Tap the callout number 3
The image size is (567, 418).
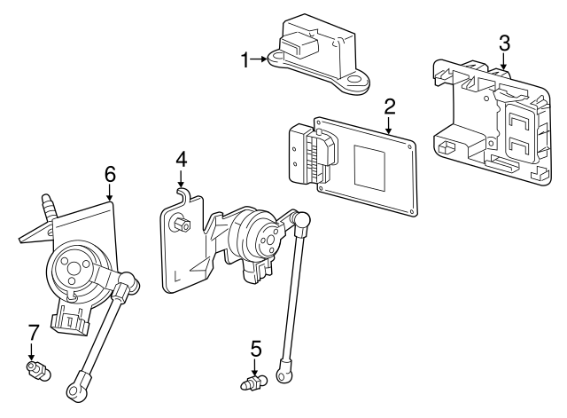[503, 42]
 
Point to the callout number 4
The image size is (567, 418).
[181, 160]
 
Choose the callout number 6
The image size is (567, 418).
[110, 174]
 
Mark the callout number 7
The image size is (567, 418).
[33, 334]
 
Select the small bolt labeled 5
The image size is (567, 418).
[252, 383]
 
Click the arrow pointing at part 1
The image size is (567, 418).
[260, 59]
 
